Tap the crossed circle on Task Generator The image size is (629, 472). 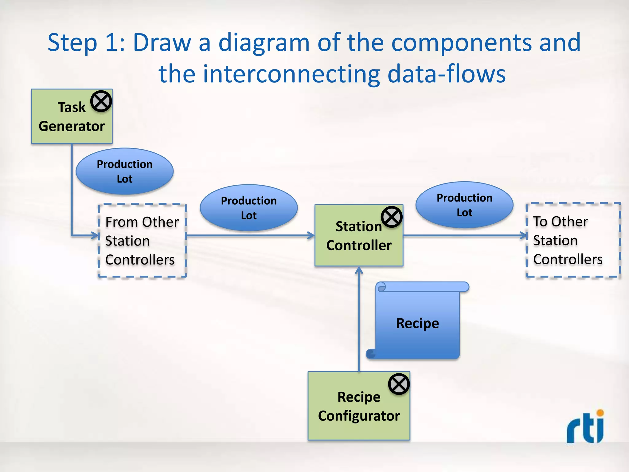coord(101,101)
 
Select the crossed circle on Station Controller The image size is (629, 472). coord(392,217)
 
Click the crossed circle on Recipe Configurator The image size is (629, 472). coord(399,384)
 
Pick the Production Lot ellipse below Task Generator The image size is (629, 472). coord(124,171)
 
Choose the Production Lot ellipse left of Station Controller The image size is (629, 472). coord(248,208)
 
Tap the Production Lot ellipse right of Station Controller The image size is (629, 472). coord(464,205)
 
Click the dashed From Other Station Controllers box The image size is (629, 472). coord(142,241)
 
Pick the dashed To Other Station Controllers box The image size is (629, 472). coord(573,240)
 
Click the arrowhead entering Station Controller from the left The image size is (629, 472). coord(311,236)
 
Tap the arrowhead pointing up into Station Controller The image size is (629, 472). coord(359,270)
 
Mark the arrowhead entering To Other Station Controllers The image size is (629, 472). coord(524,236)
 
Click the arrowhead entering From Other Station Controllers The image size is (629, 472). coord(96,236)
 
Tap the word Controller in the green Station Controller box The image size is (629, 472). coord(359,245)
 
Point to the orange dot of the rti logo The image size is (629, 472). coord(600,413)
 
